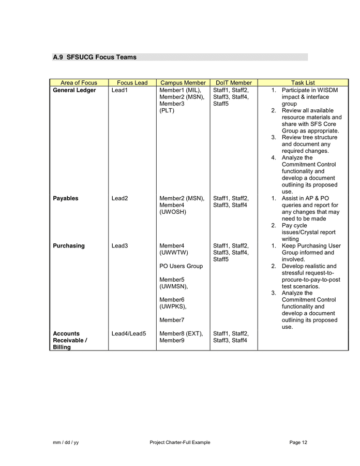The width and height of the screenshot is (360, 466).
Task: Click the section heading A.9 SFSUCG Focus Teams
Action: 95,57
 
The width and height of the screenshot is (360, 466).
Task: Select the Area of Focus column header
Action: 79,83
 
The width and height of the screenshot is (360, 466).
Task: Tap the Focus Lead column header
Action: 132,83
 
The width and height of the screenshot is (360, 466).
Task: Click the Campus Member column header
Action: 183,83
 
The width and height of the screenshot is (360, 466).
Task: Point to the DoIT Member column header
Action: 233,83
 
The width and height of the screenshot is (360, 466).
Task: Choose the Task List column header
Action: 303,83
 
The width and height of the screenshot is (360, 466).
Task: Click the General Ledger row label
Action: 74,91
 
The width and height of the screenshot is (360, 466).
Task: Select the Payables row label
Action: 66,198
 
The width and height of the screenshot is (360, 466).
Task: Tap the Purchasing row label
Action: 69,246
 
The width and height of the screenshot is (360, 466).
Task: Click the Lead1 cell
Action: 119,91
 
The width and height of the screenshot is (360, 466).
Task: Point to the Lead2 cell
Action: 119,198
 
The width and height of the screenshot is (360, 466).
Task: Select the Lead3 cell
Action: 119,246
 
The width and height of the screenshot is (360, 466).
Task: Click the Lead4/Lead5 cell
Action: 129,334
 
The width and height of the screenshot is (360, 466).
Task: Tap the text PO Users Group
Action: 181,266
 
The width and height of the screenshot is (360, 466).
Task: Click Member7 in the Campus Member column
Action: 172,320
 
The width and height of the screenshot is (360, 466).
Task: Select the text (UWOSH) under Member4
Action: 173,212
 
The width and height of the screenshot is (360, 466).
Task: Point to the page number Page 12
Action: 298,442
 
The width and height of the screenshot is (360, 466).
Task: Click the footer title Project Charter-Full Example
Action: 180,442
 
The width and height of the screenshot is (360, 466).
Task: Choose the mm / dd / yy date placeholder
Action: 66,442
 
